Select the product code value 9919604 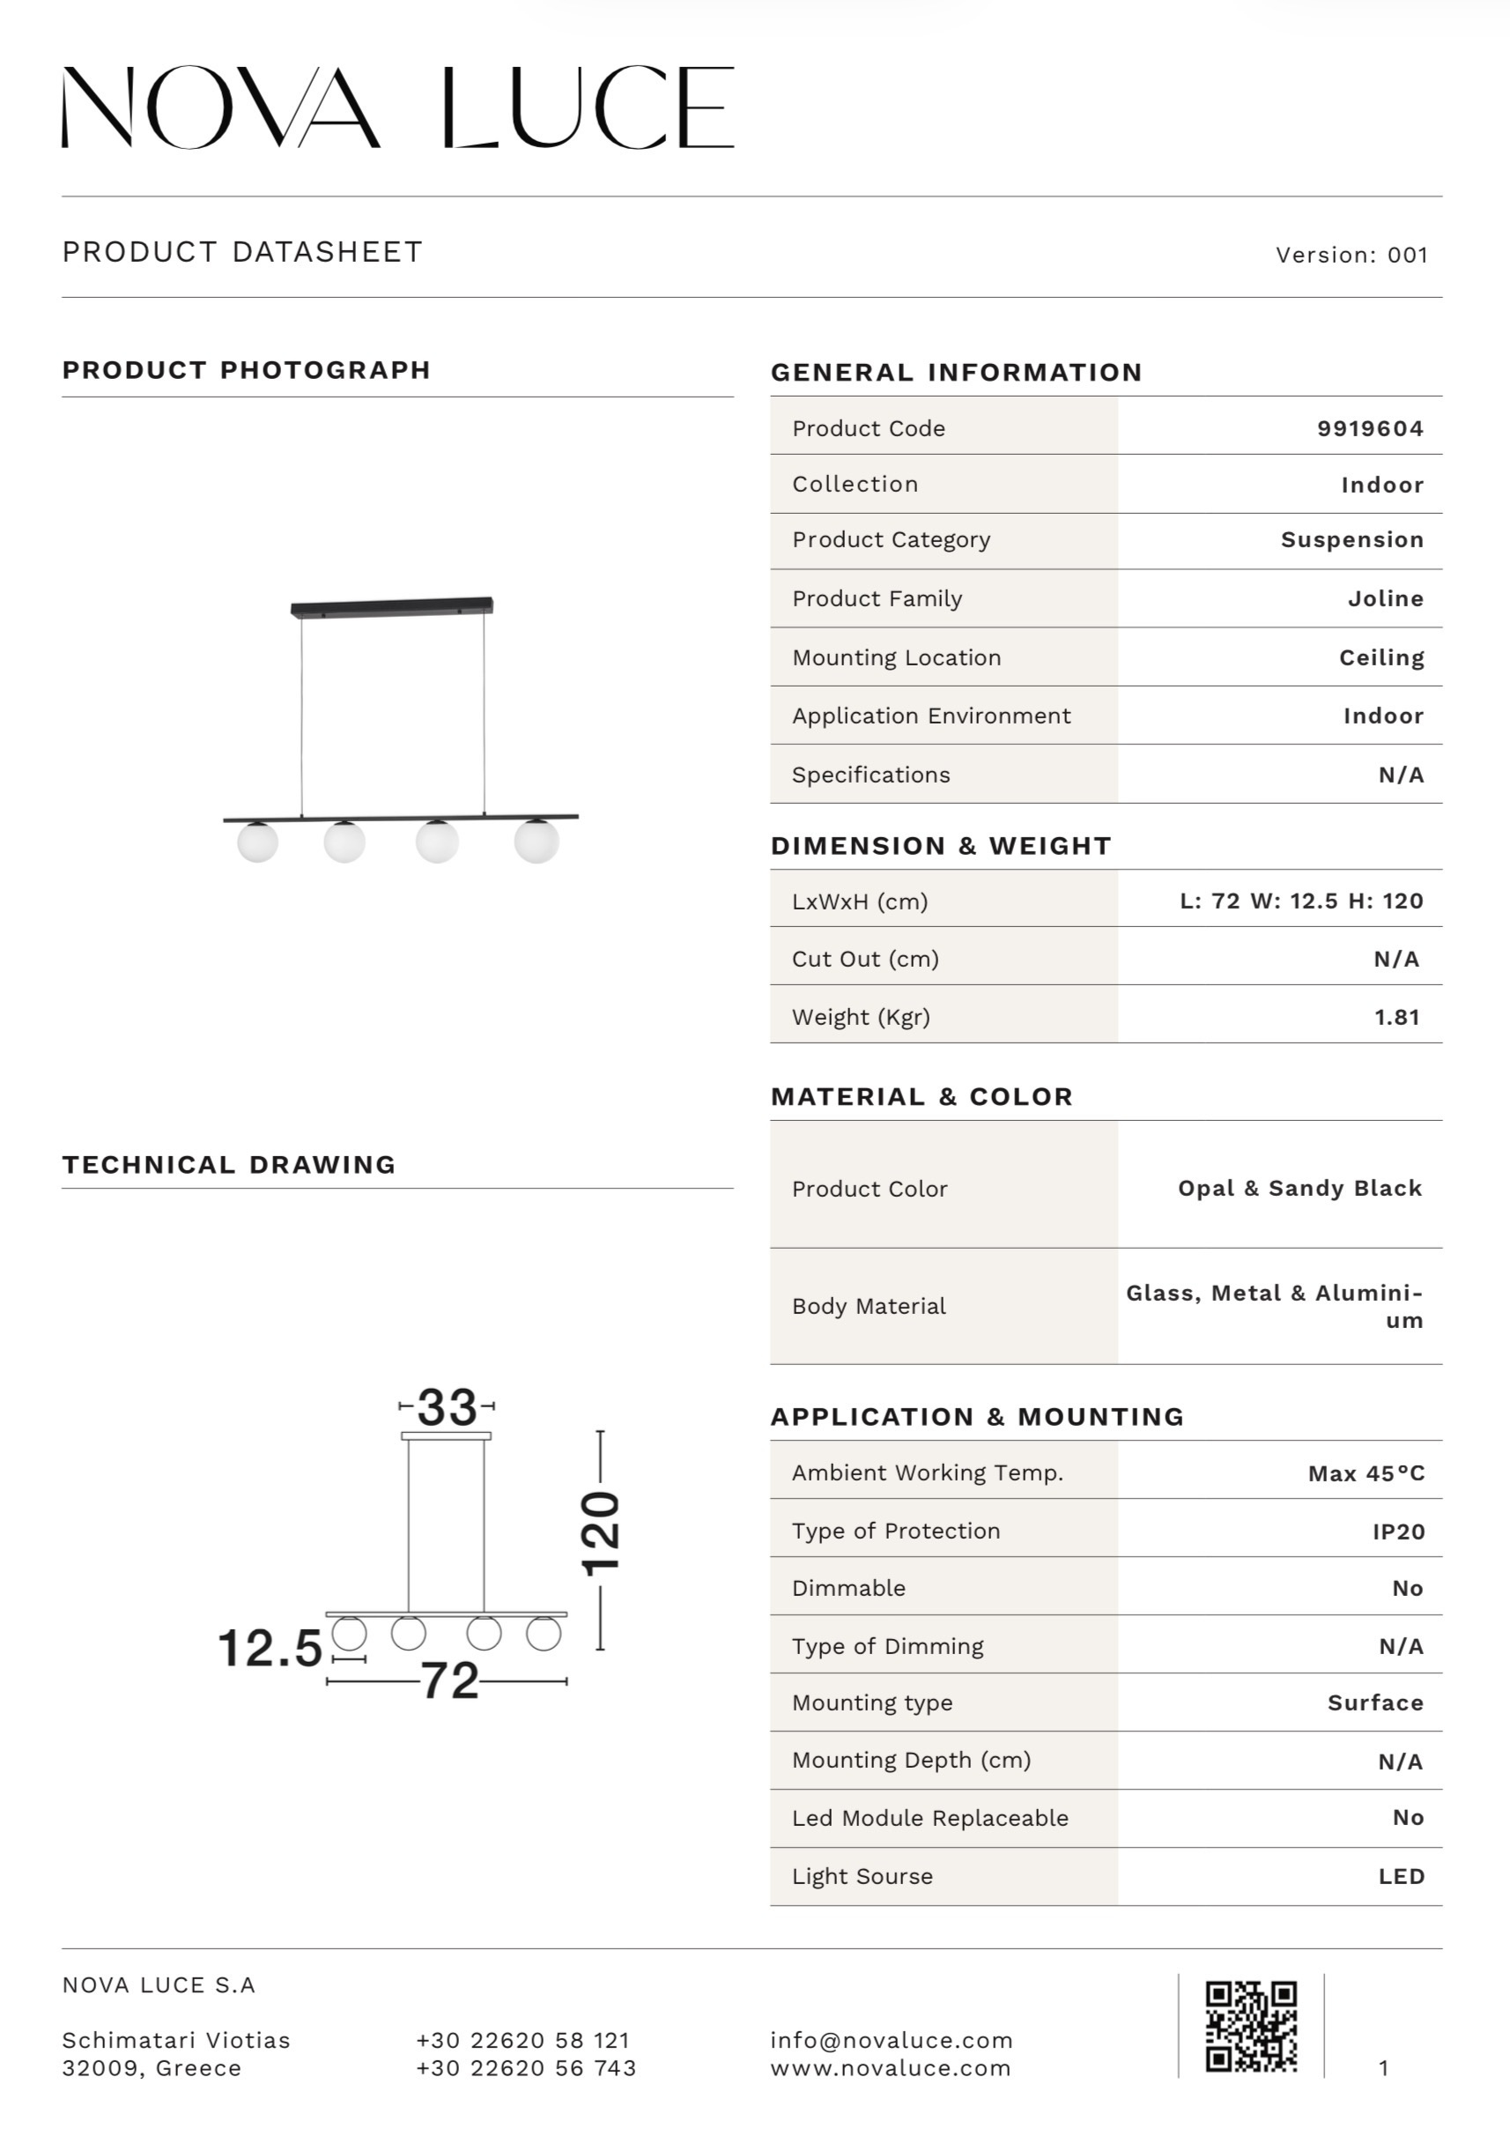pos(1370,428)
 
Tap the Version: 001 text pos(1351,255)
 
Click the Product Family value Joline pos(1385,598)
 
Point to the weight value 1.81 pos(1396,1017)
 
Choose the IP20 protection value pos(1398,1532)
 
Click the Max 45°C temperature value pos(1366,1473)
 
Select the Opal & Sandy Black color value pos(1299,1188)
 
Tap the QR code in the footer pos(1250,2025)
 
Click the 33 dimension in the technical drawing pos(448,1407)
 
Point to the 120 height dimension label pos(601,1533)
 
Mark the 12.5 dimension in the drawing pos(270,1648)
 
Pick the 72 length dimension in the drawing pos(449,1680)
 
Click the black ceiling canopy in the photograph pos(391,607)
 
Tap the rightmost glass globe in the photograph pos(536,841)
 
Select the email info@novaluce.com pos(891,2040)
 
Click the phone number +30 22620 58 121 pos(523,2040)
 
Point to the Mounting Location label pos(896,657)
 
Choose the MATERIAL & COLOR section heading pos(922,1096)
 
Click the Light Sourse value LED pos(1401,1876)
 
